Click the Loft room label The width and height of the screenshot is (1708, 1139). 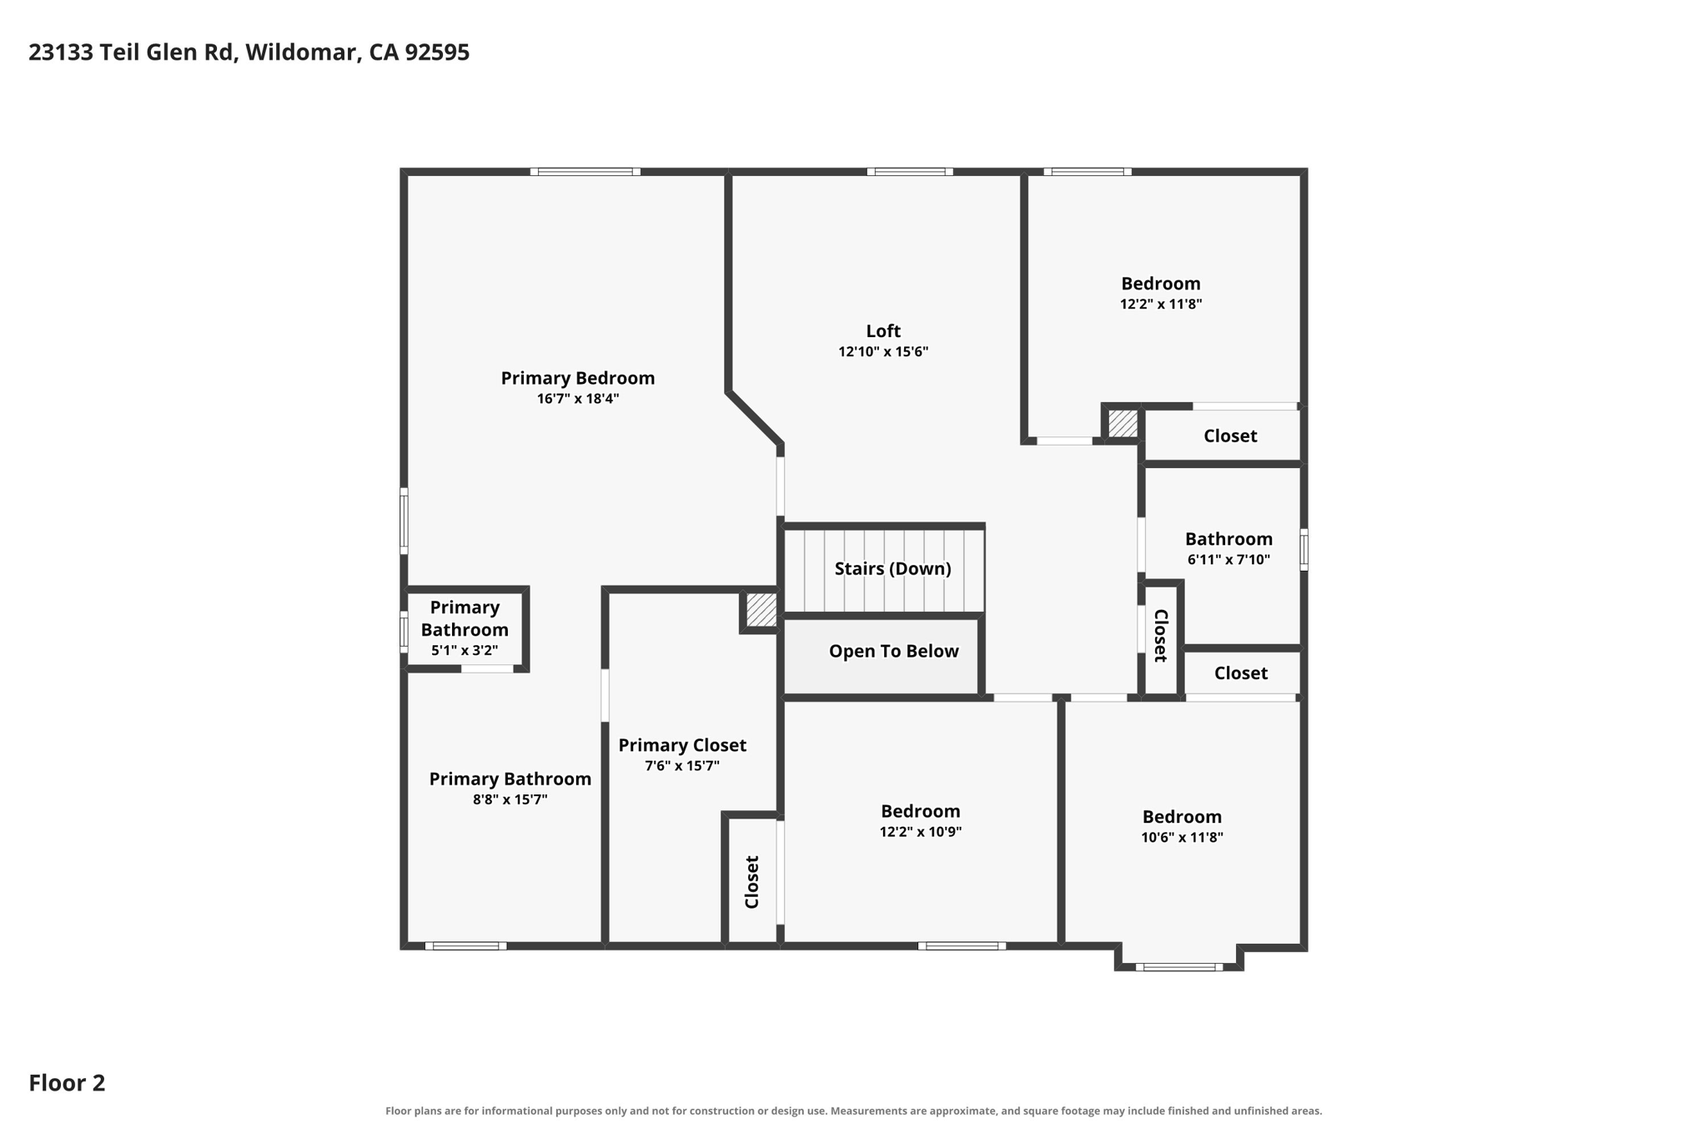click(x=883, y=331)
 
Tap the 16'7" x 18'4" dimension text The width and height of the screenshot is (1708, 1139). click(x=578, y=399)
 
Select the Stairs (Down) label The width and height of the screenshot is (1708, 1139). click(x=892, y=568)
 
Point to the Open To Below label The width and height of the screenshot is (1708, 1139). click(x=893, y=651)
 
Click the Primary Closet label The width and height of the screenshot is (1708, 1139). click(x=682, y=745)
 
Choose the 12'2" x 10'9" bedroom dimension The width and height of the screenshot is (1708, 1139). click(x=921, y=832)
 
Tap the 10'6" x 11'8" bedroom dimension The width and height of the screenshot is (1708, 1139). click(x=1182, y=838)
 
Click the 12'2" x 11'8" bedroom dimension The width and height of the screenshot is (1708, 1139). click(x=1161, y=305)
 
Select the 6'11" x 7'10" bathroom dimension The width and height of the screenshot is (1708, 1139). click(x=1228, y=560)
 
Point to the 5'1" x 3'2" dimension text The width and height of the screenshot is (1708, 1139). click(x=465, y=651)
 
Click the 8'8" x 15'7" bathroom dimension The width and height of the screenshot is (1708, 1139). click(x=510, y=799)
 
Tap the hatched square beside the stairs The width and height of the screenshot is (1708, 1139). click(x=761, y=609)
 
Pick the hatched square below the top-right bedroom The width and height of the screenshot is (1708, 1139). click(x=1123, y=423)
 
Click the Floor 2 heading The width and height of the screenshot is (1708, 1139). click(x=67, y=1083)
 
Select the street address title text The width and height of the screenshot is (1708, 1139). click(x=249, y=53)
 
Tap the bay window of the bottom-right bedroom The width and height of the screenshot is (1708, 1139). click(x=1179, y=967)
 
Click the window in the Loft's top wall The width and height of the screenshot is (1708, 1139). click(x=910, y=172)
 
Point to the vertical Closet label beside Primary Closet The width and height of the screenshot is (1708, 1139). click(x=752, y=882)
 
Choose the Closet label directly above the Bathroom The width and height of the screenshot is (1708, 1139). click(x=1230, y=436)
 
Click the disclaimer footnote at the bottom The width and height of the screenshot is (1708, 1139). click(x=853, y=1111)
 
